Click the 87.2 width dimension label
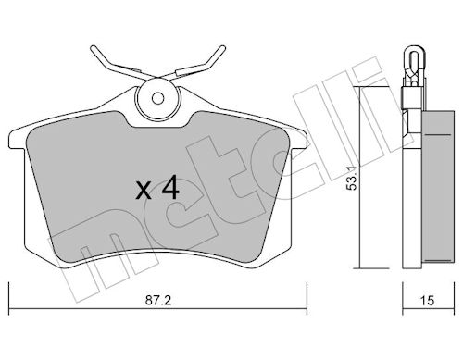tap(158, 300)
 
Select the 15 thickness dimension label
tap(428, 300)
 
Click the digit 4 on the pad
tap(170, 187)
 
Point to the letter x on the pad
tap(144, 191)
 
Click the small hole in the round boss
tap(157, 99)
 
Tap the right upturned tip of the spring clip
tap(222, 49)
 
